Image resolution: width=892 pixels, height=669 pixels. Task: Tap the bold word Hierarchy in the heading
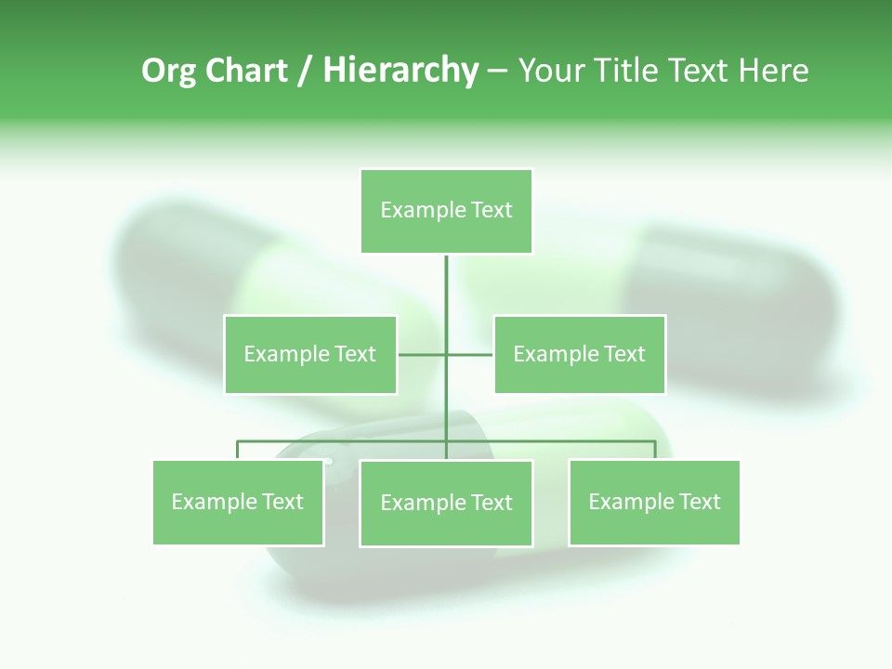point(400,71)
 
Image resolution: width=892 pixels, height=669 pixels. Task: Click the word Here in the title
point(772,71)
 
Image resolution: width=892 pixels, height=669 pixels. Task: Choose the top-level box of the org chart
point(446,211)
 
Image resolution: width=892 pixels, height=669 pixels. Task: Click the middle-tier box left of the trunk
point(310,354)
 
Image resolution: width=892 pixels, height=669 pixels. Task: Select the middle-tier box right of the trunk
point(579,354)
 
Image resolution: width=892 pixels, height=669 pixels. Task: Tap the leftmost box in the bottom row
point(238,502)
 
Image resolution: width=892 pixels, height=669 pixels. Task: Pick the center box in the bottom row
point(446,503)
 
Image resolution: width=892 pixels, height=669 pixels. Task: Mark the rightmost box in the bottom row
point(654,502)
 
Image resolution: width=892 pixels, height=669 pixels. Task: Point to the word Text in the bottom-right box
point(699,502)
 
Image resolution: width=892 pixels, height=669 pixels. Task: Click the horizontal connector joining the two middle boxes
point(423,354)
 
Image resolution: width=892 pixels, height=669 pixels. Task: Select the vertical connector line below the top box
point(446,297)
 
